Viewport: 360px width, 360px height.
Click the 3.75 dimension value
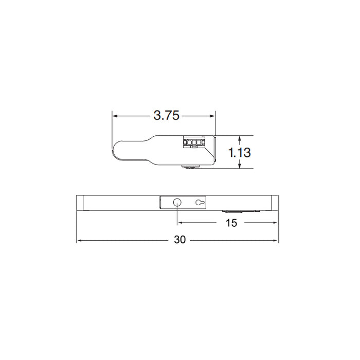click(x=166, y=116)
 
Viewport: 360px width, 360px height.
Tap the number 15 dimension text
click(x=231, y=223)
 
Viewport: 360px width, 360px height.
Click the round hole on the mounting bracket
click(x=177, y=203)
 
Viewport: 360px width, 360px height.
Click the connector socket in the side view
click(x=194, y=141)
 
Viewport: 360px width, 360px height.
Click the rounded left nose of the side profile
click(x=116, y=151)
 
